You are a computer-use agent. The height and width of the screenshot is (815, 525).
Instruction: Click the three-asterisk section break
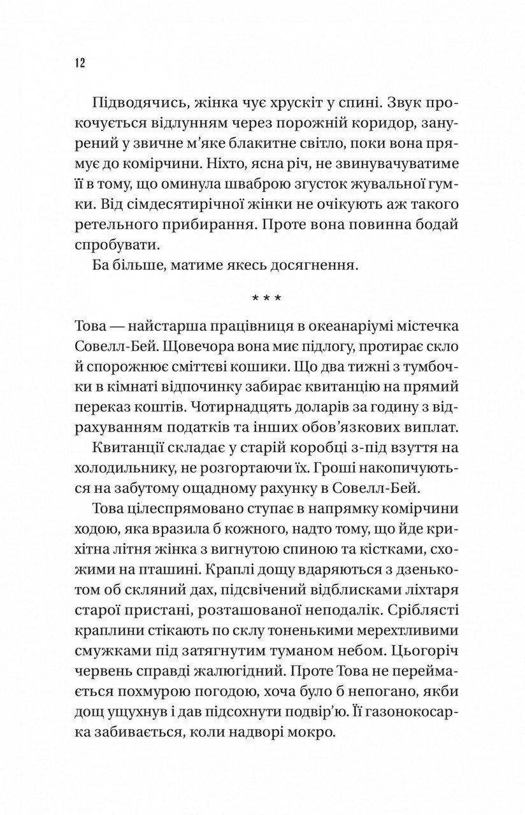coord(262,299)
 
